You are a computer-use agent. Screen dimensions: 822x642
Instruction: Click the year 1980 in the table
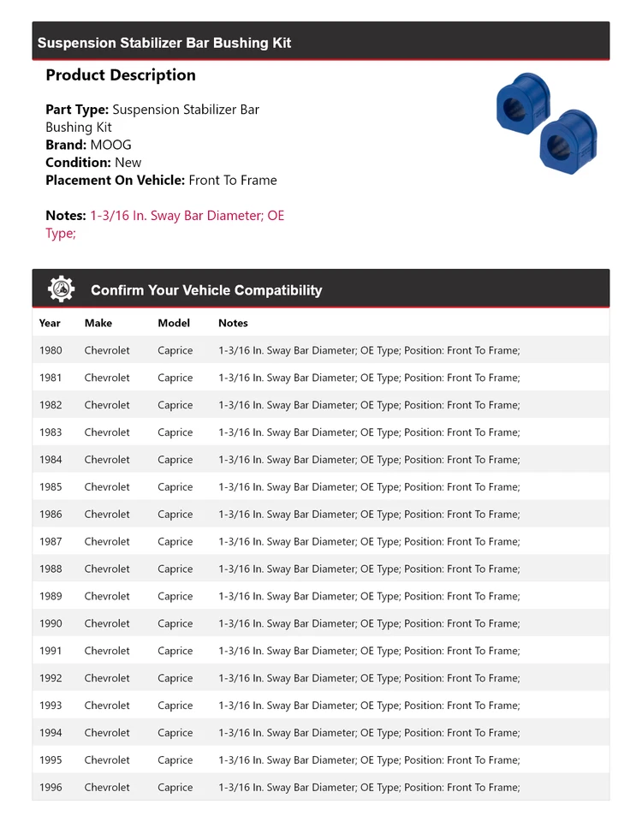(x=51, y=350)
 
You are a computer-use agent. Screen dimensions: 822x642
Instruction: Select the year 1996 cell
(x=51, y=787)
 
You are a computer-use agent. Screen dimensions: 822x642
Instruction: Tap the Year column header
(x=50, y=323)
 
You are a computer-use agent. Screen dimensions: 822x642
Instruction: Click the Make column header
(x=98, y=323)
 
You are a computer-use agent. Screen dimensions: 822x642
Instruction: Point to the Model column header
(x=174, y=323)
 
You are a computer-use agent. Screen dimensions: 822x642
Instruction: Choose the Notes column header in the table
(x=233, y=323)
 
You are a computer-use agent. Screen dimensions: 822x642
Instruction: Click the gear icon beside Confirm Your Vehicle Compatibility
(x=61, y=289)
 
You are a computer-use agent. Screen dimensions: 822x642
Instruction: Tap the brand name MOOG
(x=111, y=145)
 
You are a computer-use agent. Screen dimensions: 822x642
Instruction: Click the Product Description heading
(x=121, y=75)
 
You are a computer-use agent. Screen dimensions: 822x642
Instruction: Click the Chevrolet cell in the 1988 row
(x=107, y=569)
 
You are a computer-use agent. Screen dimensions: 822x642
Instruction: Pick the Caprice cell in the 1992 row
(x=175, y=678)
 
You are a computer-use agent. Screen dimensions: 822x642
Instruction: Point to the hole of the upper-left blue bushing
(x=514, y=109)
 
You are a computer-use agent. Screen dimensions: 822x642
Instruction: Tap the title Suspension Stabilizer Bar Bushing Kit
(x=164, y=43)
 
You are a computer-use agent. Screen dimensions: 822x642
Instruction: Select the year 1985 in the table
(x=51, y=487)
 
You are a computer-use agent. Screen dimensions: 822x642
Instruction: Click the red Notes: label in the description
(x=66, y=216)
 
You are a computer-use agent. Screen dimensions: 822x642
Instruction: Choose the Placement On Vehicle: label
(x=115, y=180)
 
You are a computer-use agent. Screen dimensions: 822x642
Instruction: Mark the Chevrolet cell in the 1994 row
(x=107, y=733)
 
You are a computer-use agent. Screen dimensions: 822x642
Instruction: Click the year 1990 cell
(x=51, y=623)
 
